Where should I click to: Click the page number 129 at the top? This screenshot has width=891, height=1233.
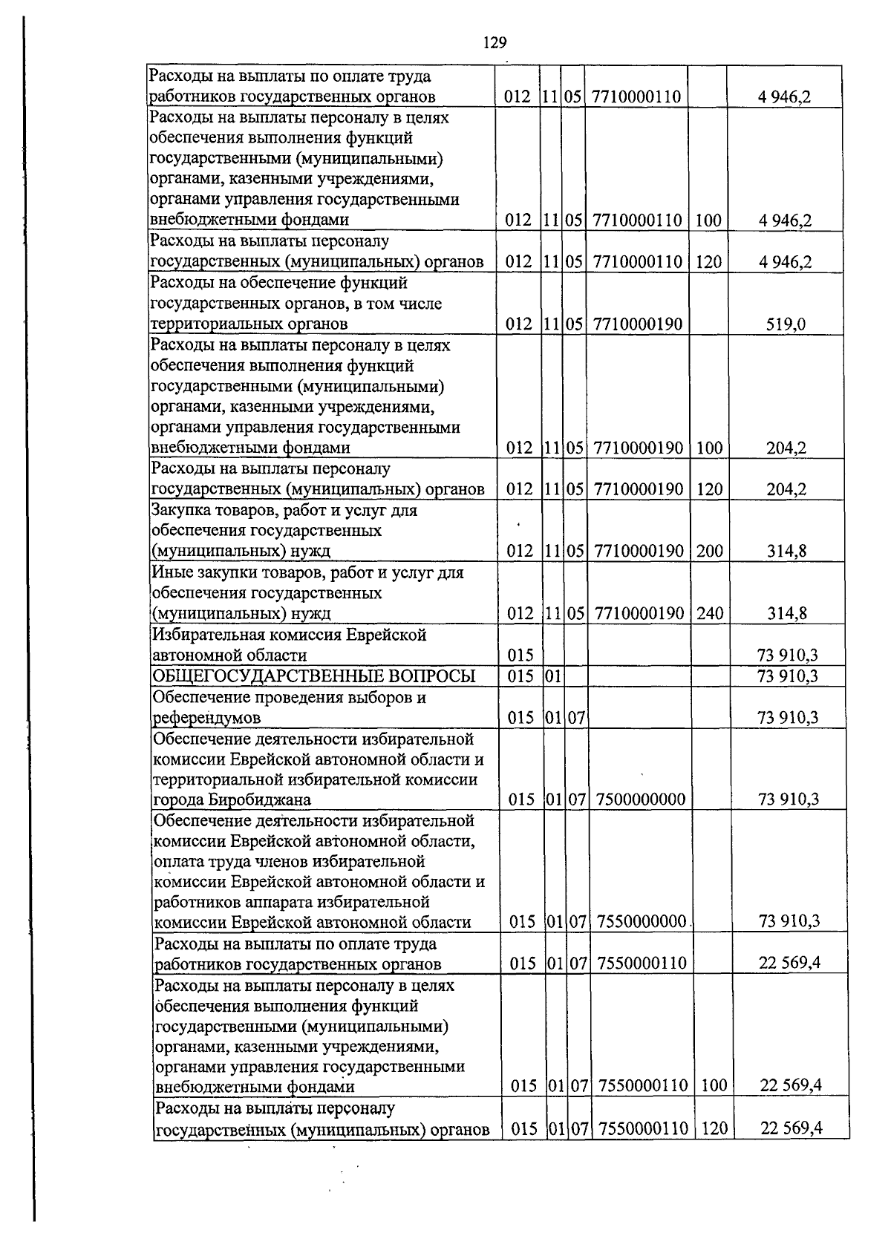coord(495,43)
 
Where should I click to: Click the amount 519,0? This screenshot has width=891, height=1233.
coord(786,324)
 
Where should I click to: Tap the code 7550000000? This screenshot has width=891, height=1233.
coord(642,921)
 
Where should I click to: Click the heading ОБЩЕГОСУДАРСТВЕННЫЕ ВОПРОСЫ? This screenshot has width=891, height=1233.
coord(313,676)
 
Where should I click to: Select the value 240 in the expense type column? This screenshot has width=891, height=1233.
coord(709,613)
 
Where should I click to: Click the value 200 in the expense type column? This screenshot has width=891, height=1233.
coord(709,551)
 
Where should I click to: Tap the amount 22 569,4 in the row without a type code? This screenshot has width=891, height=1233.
coord(789,963)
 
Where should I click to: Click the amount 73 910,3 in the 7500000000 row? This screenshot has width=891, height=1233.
coord(788,799)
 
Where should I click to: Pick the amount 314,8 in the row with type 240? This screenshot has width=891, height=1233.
coord(786,613)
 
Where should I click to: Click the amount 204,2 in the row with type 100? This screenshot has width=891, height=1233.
coord(786,448)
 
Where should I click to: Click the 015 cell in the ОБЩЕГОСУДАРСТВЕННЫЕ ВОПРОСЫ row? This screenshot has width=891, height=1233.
coord(520,676)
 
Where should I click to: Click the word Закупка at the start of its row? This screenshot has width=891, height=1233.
coord(181,511)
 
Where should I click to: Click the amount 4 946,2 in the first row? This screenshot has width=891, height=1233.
coord(785,97)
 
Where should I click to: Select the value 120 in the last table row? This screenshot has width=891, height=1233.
coord(714,1129)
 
